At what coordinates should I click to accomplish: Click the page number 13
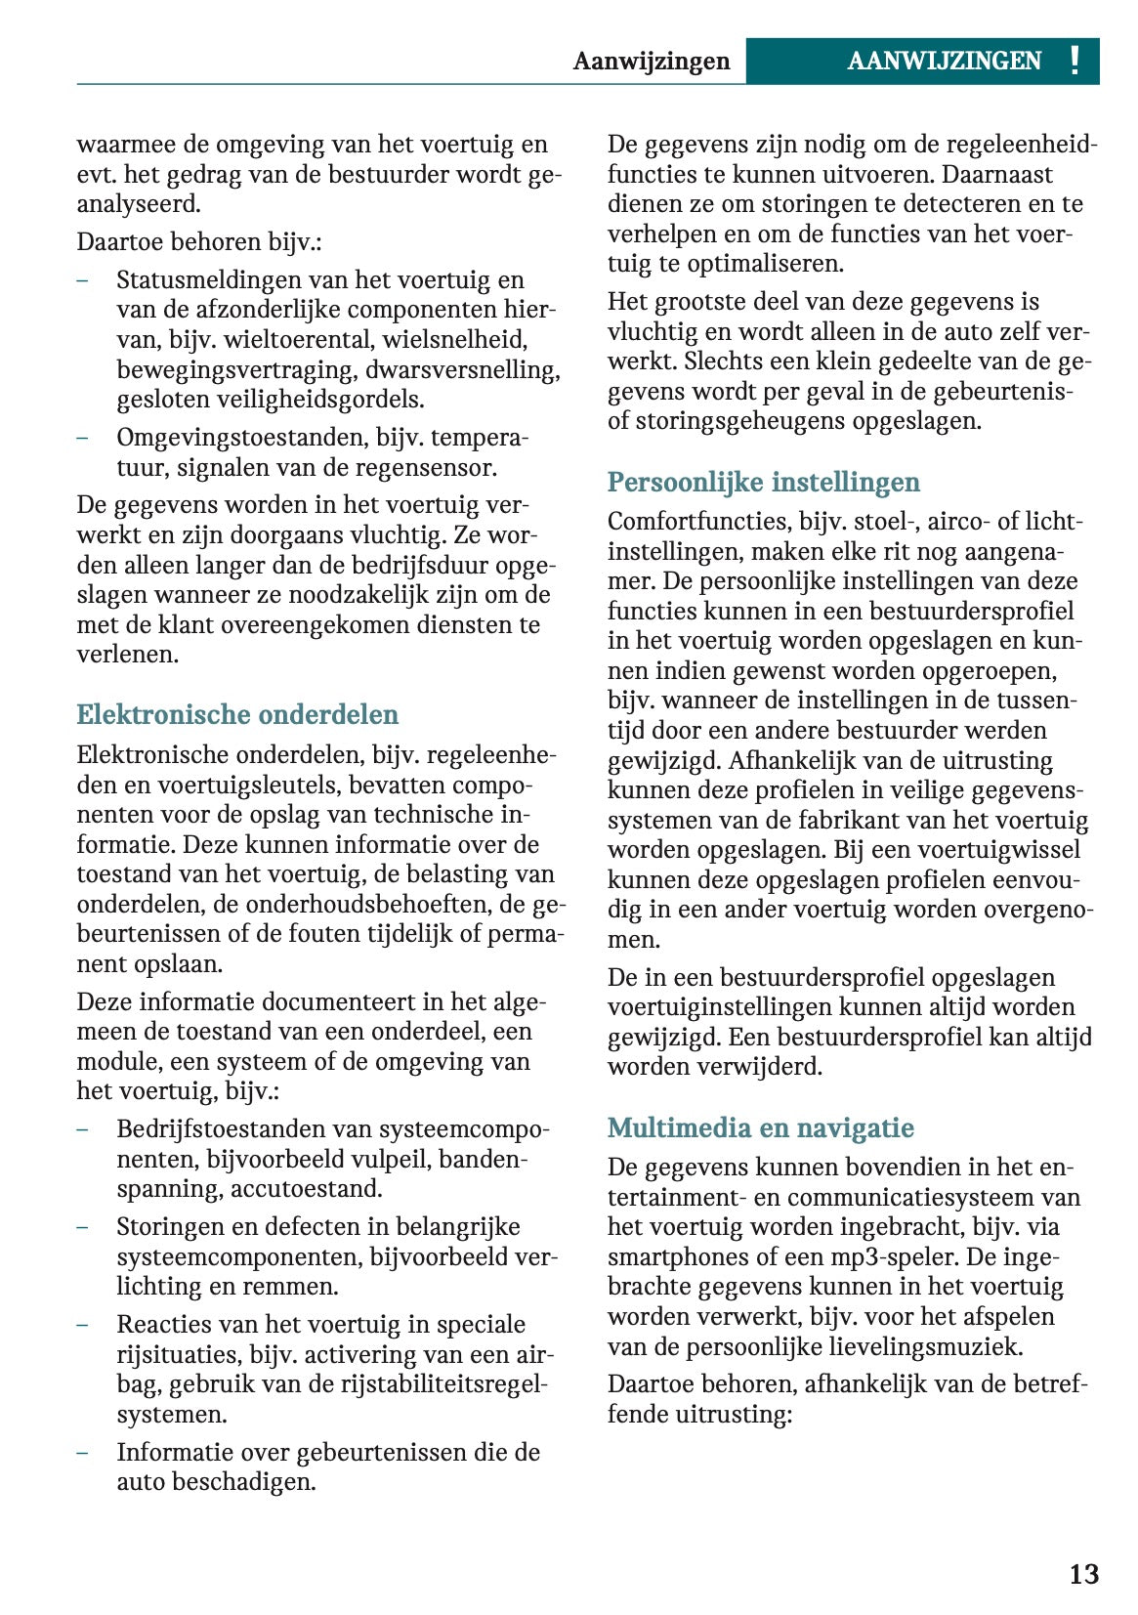(x=1083, y=1574)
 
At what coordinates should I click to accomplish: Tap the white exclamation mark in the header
(x=1075, y=61)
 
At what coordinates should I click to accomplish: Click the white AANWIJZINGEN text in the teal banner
(x=944, y=62)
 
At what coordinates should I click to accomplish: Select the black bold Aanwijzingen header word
(x=651, y=62)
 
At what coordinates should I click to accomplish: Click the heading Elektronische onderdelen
(x=237, y=714)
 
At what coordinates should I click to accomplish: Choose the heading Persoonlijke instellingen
(x=763, y=482)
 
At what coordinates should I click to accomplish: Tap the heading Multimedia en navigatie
(x=760, y=1127)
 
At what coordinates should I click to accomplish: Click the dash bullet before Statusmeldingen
(x=84, y=280)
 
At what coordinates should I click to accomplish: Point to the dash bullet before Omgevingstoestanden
(x=84, y=438)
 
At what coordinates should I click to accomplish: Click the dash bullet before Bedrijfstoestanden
(x=84, y=1129)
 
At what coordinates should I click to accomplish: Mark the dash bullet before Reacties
(x=84, y=1325)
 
